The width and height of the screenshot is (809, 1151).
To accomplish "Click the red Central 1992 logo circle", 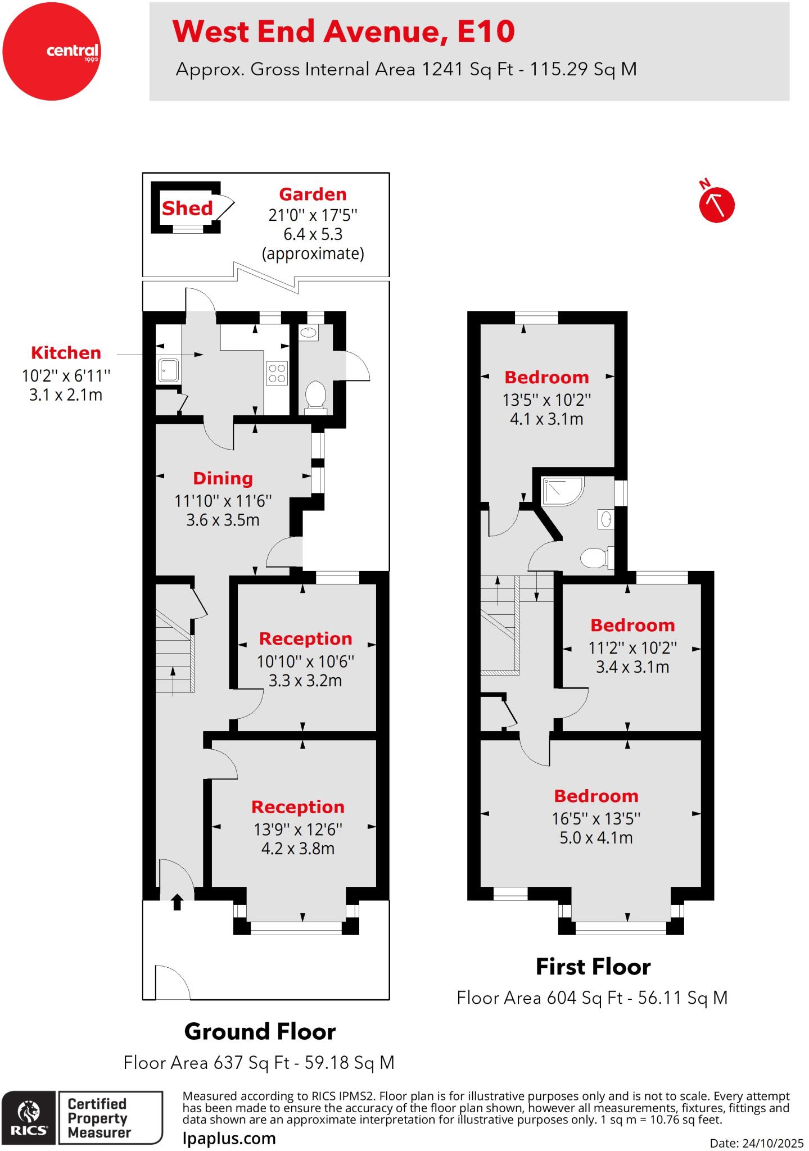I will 51,51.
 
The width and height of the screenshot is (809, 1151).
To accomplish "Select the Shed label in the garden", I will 187,209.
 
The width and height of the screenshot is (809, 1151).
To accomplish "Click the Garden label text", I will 313,194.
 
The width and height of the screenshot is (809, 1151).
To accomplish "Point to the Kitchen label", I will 66,353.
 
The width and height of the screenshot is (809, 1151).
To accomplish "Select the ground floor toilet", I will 315,395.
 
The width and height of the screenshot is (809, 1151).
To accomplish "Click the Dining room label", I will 223,478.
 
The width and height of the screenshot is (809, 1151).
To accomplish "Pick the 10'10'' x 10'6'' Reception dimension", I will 305,661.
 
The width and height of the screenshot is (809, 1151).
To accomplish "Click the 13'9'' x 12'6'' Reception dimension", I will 297,829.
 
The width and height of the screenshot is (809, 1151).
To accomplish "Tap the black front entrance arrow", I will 177,901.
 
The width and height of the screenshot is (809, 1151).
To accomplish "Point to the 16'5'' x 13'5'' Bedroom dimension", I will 596,818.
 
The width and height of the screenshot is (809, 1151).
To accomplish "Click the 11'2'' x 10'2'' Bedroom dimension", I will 632,648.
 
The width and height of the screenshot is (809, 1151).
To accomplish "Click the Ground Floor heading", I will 260,1032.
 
